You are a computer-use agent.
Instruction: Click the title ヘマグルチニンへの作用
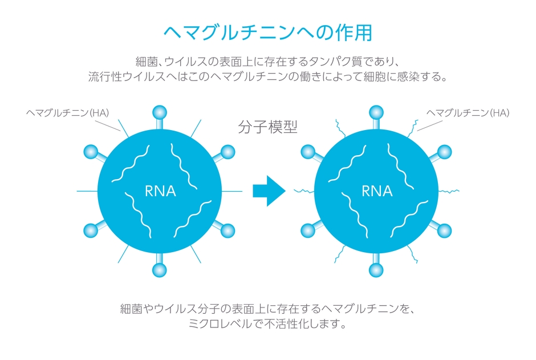[x=267, y=32]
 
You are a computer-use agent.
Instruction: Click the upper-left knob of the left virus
[x=91, y=152]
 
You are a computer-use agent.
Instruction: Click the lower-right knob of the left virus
[x=227, y=230]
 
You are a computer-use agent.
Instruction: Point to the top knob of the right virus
[x=376, y=112]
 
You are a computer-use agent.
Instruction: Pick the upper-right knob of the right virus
[x=444, y=152]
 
